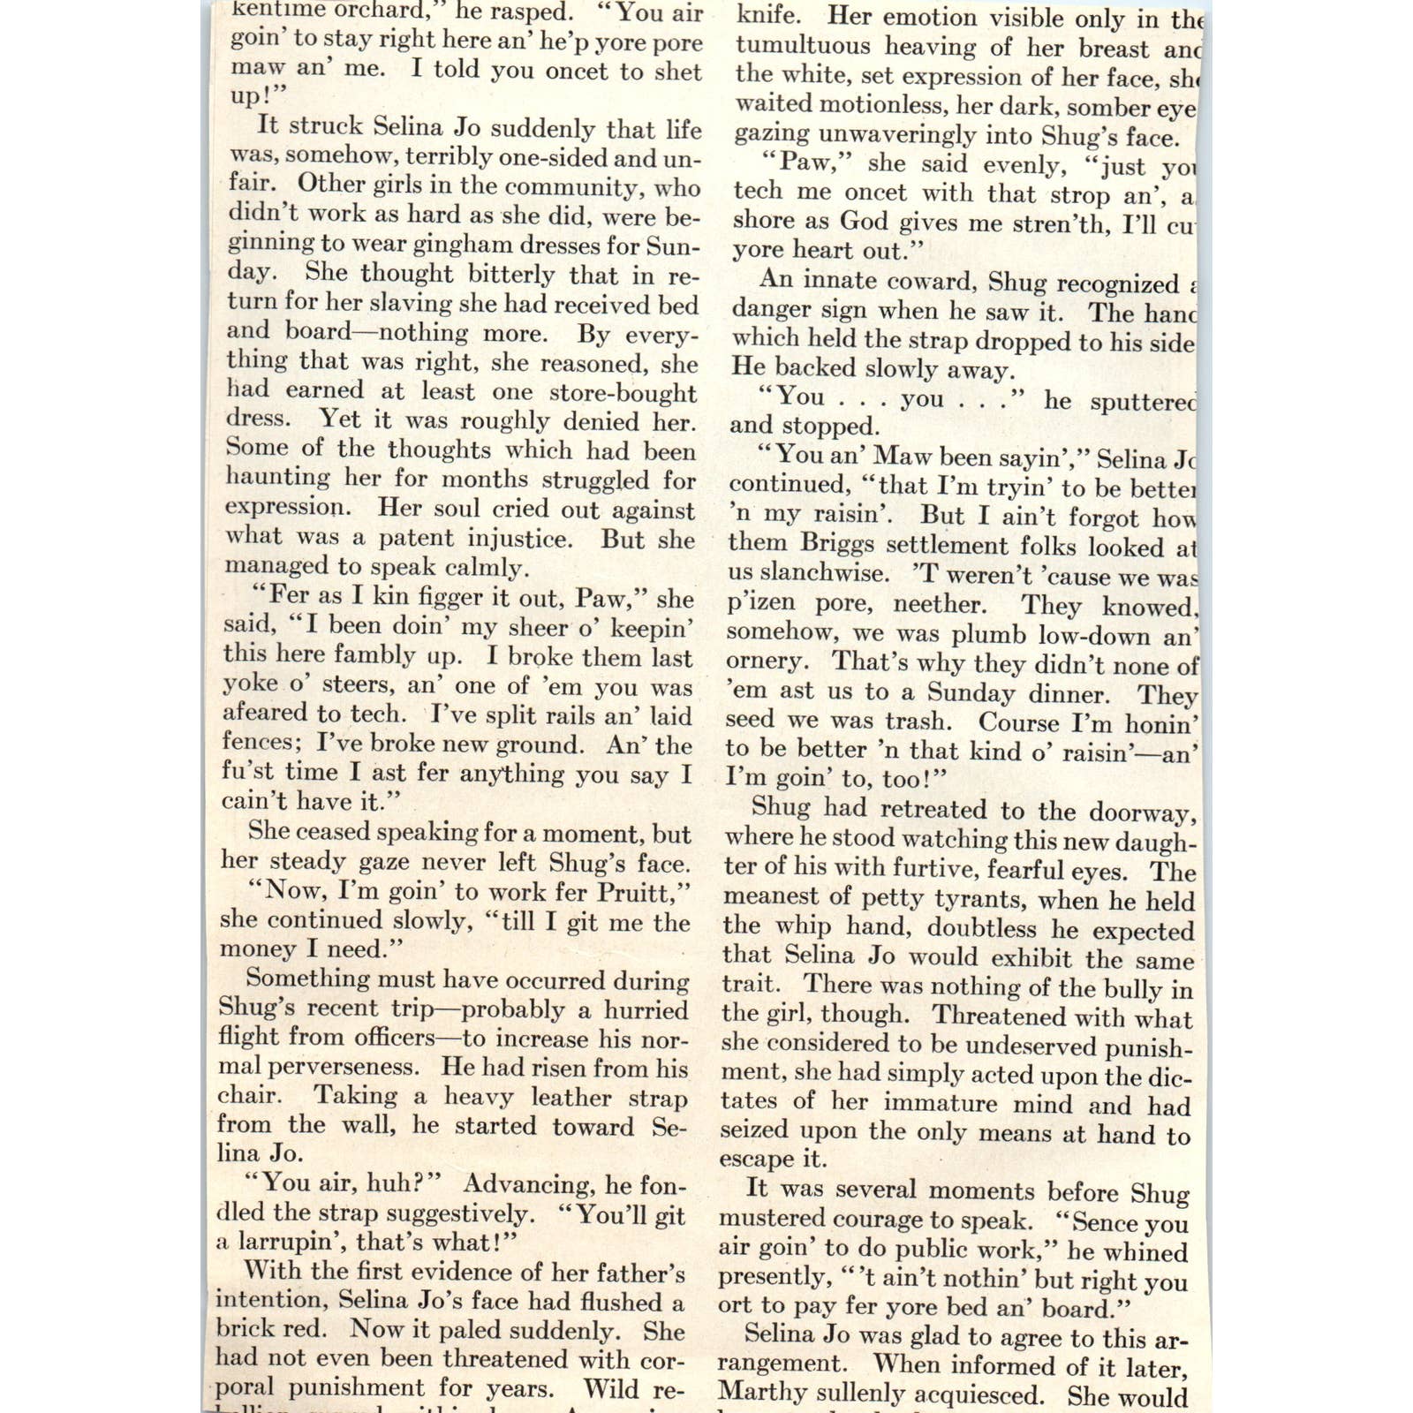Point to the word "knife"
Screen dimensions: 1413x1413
coord(768,16)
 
